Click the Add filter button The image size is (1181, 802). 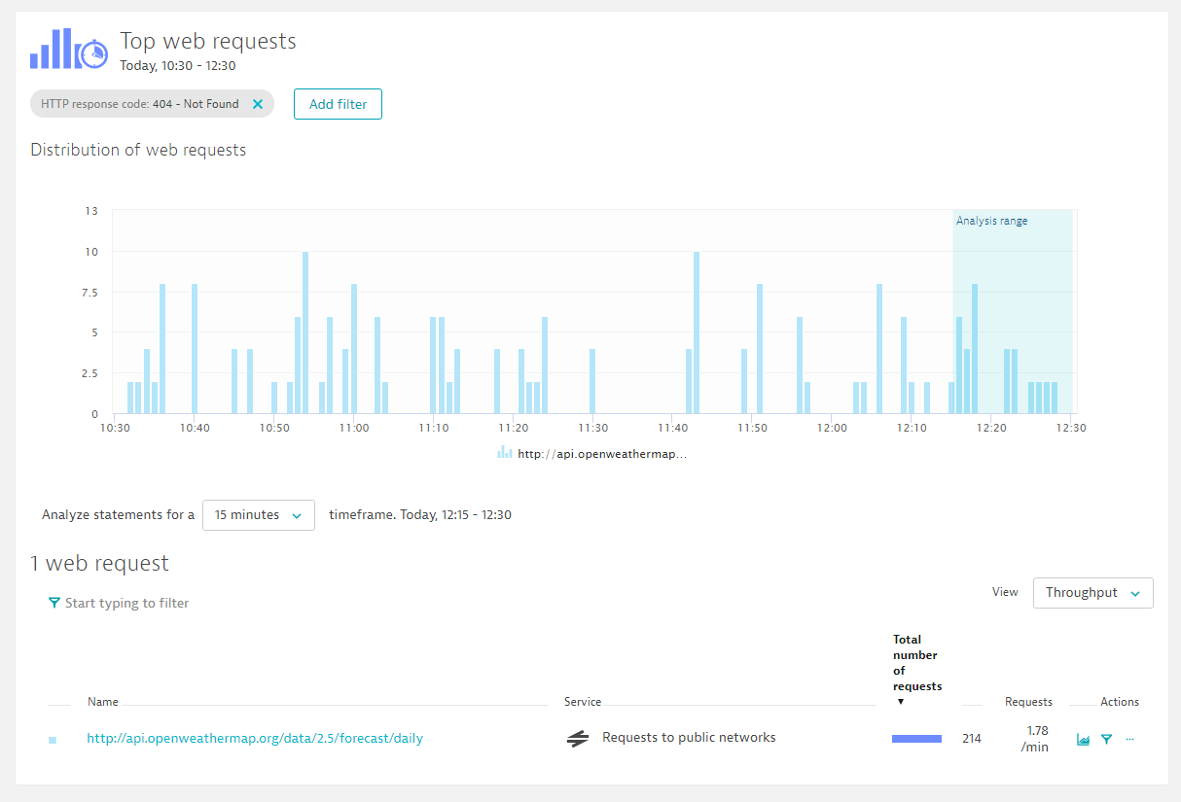point(338,104)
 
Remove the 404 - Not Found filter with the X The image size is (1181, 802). point(257,104)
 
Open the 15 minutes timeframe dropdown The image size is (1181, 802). point(259,515)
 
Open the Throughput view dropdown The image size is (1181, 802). point(1092,593)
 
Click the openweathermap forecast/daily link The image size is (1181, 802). point(255,738)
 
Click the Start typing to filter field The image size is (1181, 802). point(126,603)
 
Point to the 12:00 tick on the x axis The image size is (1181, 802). point(832,428)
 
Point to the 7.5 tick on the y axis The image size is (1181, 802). point(89,292)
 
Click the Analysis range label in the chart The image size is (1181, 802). point(991,221)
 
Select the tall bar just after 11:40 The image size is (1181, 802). point(697,332)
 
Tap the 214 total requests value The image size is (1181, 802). point(971,738)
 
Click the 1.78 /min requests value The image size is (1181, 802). point(1035,738)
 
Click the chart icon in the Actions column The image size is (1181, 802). point(1083,739)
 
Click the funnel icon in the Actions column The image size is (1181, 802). point(1107,739)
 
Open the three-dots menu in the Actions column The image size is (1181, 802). point(1129,739)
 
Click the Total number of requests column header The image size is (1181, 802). point(916,663)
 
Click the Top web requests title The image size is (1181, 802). point(208,41)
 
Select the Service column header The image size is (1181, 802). point(583,701)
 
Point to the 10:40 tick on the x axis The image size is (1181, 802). point(195,428)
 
